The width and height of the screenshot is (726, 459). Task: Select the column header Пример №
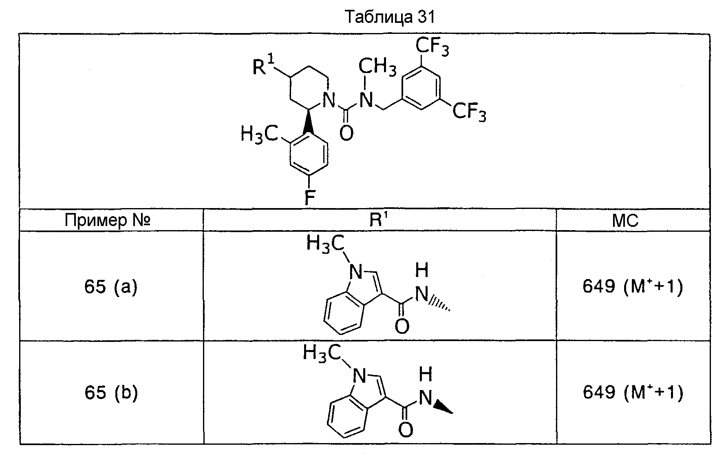108,221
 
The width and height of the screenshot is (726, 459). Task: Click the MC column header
625,221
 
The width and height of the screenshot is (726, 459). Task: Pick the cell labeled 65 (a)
111,287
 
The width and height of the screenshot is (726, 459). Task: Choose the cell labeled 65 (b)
111,392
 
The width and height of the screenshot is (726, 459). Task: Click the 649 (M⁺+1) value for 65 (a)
632,287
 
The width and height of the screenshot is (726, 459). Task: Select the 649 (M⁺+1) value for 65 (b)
632,392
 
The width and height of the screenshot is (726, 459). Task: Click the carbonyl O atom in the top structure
346,133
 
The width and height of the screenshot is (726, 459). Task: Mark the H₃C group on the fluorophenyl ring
258,134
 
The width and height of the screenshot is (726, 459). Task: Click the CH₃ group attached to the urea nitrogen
377,66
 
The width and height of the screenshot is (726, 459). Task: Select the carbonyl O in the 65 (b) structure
405,430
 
